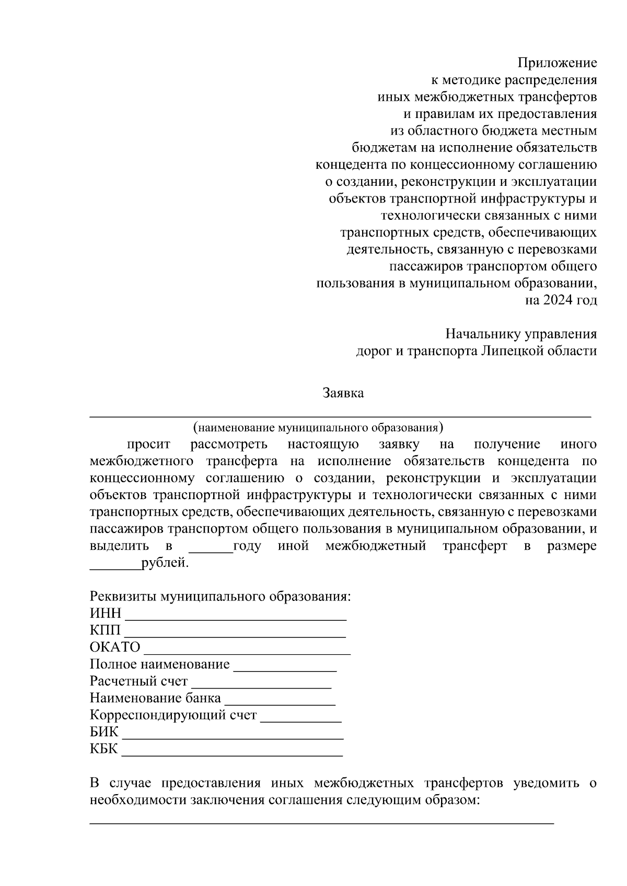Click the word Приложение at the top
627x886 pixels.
557,64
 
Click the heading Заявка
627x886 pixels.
343,393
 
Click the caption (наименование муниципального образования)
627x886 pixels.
318,428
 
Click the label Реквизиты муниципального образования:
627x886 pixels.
220,596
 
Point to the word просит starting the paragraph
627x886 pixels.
148,444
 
